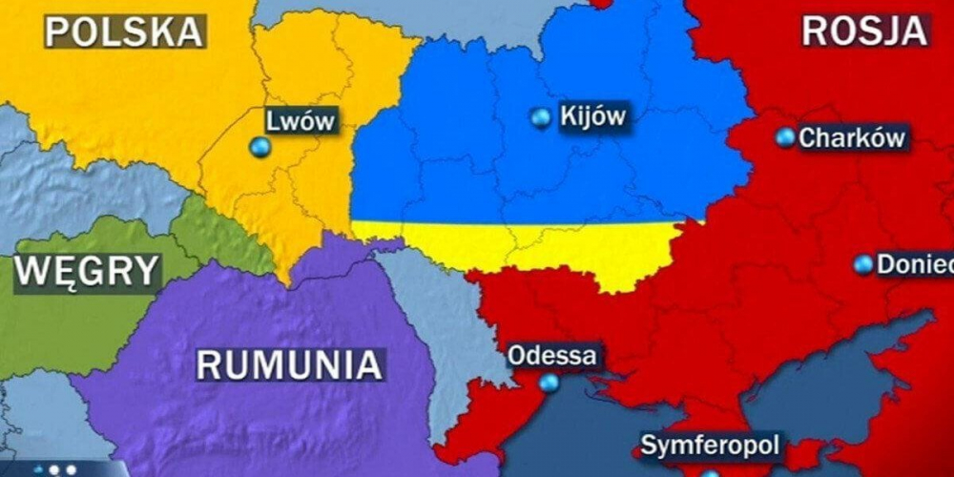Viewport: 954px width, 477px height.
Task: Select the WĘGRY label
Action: (86, 272)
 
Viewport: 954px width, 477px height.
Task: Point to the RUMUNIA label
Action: (290, 364)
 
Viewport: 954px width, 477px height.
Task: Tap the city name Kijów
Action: (592, 117)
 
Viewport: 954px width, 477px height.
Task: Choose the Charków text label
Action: (851, 138)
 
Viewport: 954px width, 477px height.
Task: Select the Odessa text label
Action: (552, 356)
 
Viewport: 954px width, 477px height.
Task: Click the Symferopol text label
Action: (709, 446)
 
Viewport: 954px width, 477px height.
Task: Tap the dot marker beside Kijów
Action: (541, 117)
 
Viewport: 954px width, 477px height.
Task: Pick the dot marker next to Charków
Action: (784, 137)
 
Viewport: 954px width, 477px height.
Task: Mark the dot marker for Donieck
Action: (862, 264)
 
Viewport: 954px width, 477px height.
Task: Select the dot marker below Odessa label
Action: (549, 383)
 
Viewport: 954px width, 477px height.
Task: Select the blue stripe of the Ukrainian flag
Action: (534, 172)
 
